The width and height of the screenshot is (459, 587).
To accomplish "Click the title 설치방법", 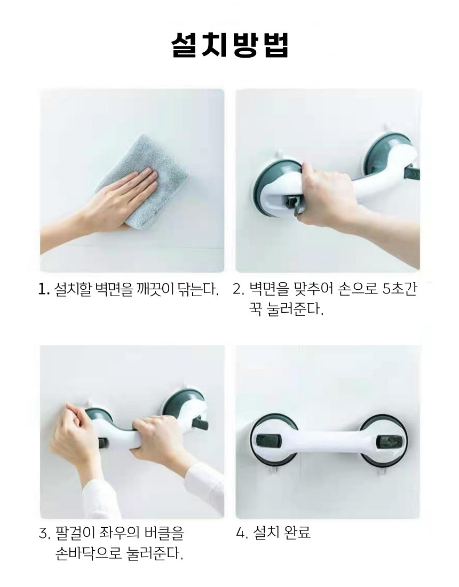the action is [230, 45].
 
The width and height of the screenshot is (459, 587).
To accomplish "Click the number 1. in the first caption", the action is [44, 289].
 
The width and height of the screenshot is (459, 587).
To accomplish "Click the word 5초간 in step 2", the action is [399, 289].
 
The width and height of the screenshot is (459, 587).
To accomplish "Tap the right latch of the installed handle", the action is [390, 442].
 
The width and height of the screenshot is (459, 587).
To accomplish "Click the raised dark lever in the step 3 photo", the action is [200, 424].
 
